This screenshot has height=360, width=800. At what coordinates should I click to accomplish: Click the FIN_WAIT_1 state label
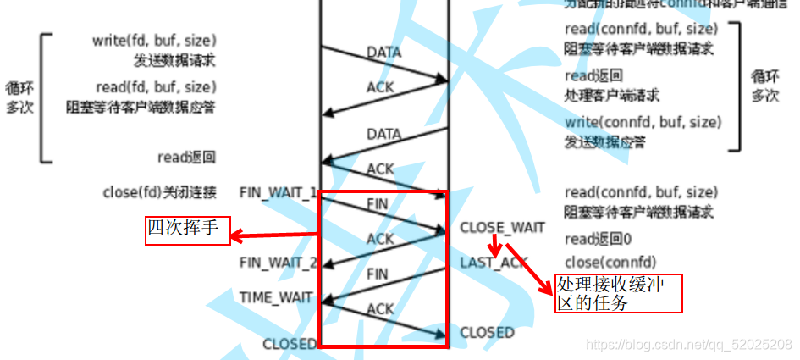click(x=279, y=192)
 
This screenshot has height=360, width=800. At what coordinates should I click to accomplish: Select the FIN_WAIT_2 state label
click(x=279, y=263)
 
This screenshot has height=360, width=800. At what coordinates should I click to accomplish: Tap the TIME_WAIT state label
click(x=276, y=298)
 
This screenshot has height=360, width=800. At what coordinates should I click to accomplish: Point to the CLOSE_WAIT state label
click(x=502, y=228)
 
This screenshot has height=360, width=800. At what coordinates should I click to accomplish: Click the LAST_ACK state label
click(x=494, y=263)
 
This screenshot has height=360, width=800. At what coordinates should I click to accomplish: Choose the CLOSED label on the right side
click(x=487, y=333)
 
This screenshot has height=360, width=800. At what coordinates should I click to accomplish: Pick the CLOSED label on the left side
click(x=290, y=344)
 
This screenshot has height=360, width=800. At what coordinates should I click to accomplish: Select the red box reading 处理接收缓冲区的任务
click(x=618, y=293)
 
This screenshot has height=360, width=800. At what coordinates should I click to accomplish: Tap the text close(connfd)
click(x=610, y=263)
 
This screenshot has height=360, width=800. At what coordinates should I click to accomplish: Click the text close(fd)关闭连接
click(x=159, y=192)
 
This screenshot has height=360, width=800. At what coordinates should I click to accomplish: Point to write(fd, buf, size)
click(x=154, y=41)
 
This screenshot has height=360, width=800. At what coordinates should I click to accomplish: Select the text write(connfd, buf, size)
click(x=643, y=122)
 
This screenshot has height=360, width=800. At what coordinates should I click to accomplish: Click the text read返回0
click(x=597, y=239)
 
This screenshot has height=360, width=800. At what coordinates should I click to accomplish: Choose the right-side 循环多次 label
click(x=765, y=86)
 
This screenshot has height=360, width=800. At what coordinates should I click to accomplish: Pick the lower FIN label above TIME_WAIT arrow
click(x=378, y=274)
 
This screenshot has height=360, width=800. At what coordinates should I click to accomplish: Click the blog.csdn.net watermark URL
click(x=689, y=344)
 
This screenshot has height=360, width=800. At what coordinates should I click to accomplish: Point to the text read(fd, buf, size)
click(x=154, y=87)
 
